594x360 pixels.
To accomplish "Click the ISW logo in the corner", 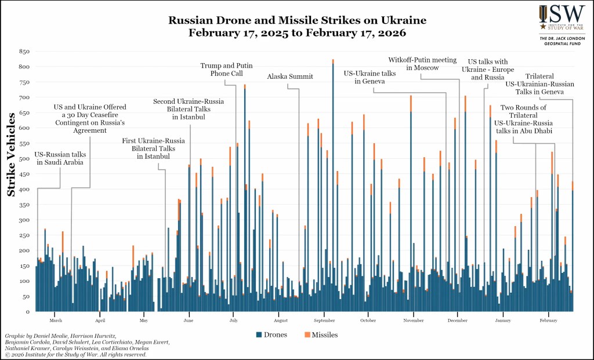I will coord(555,18).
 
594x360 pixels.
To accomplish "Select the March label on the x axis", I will coord(56,320).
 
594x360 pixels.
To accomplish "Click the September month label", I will coord(324,320).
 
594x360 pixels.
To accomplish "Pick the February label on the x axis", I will coord(548,320).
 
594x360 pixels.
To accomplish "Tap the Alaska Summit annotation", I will coord(290,77).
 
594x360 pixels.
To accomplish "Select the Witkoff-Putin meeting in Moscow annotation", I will coord(414,63).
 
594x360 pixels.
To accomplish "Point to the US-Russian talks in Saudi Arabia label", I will coord(60,158).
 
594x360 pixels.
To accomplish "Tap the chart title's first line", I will coord(297,20).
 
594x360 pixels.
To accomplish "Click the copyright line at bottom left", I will coord(75,355).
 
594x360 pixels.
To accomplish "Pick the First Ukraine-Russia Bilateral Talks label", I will coord(153,148).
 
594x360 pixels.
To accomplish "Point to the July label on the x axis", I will coord(233,320).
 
